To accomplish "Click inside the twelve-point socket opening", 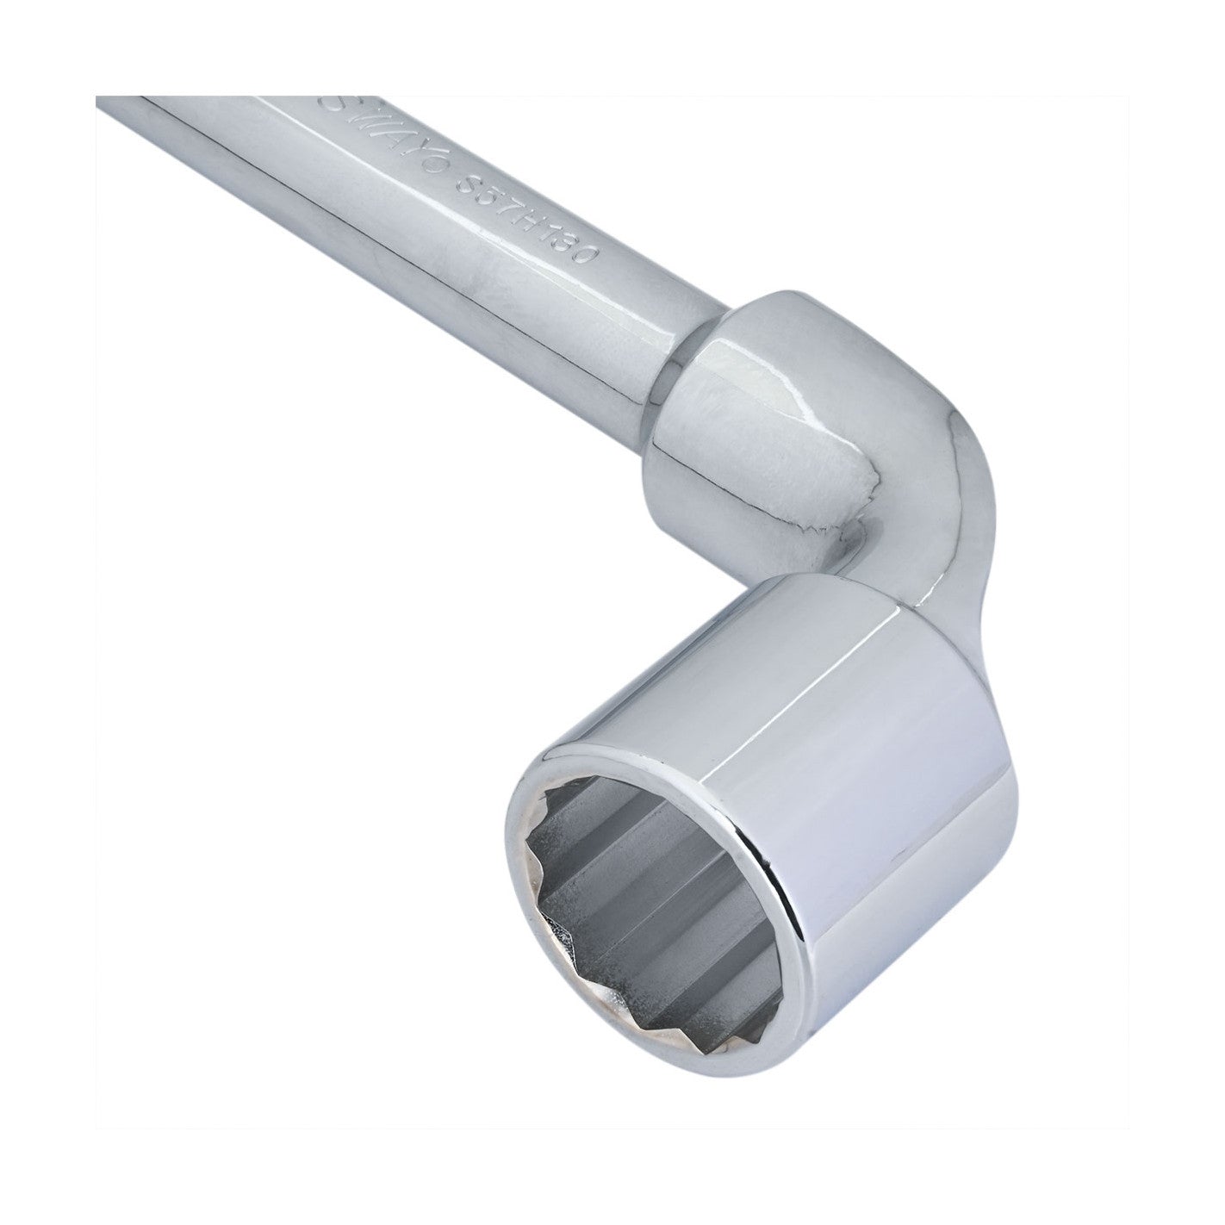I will (637, 887).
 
